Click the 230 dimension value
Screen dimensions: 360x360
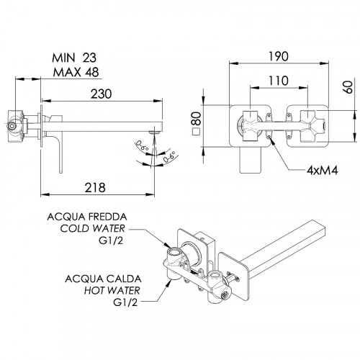pyautogui.click(x=101, y=94)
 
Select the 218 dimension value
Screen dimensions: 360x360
pyautogui.click(x=95, y=188)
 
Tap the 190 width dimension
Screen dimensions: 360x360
pyautogui.click(x=279, y=57)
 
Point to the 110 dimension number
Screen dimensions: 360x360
pyautogui.click(x=278, y=81)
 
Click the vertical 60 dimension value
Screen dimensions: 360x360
pyautogui.click(x=348, y=87)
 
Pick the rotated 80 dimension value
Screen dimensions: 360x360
pyautogui.click(x=197, y=118)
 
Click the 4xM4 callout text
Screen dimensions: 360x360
pyautogui.click(x=323, y=171)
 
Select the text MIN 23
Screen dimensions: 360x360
pyautogui.click(x=74, y=58)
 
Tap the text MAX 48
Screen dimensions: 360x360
pyautogui.click(x=76, y=72)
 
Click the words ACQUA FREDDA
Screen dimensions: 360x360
pyautogui.click(x=87, y=217)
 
